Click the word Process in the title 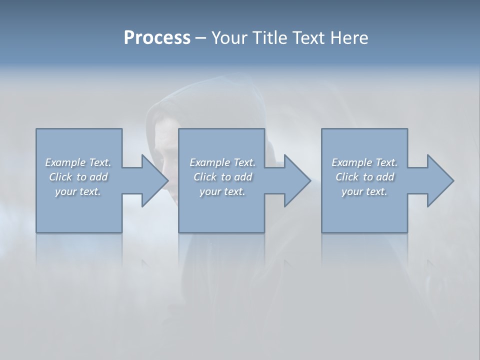[157, 38]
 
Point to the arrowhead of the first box [155, 180]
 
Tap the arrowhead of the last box [440, 180]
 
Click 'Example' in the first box [65, 162]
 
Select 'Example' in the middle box [209, 162]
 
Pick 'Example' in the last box [351, 162]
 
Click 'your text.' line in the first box [78, 191]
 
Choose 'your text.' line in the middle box [222, 191]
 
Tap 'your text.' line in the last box [364, 191]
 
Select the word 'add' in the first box [98, 177]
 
